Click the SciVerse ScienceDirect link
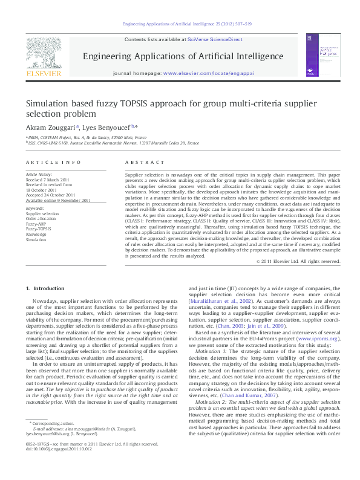(x=215, y=39)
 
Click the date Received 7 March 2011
(x=48, y=180)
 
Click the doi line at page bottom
(x=56, y=466)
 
